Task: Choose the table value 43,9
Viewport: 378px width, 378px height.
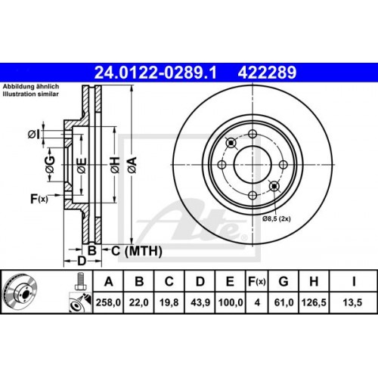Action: click(200, 305)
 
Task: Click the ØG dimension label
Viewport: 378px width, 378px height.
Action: click(50, 167)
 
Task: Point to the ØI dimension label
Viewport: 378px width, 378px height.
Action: click(33, 134)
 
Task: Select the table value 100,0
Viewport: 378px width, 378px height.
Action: click(230, 305)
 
